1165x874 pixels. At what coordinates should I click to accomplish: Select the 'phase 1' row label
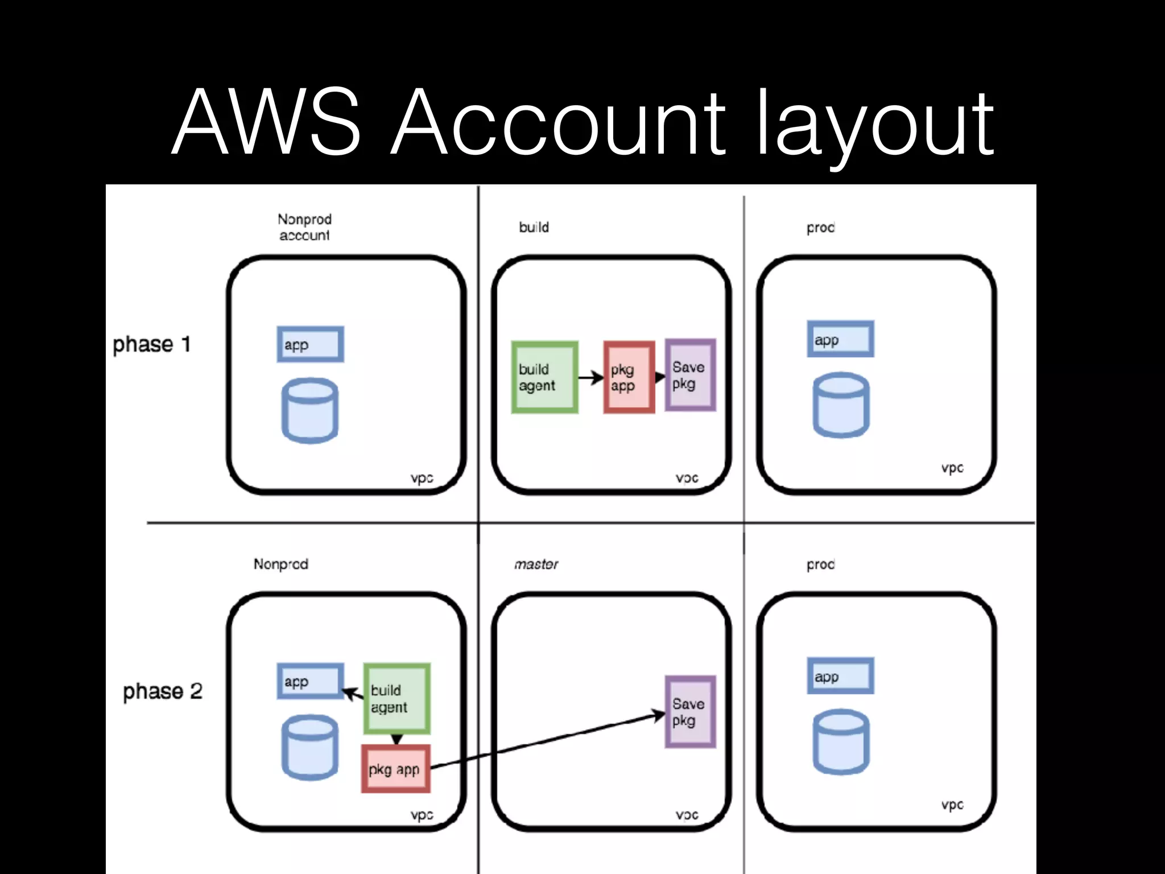(x=151, y=344)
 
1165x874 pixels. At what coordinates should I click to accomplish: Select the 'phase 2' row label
(x=163, y=691)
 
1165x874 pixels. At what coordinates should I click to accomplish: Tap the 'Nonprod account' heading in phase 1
(x=304, y=227)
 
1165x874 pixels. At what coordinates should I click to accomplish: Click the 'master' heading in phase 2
(x=536, y=564)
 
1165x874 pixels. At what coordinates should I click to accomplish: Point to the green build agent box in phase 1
(x=544, y=377)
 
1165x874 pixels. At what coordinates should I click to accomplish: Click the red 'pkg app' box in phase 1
(x=629, y=377)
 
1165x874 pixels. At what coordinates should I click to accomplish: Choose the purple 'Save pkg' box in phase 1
(x=690, y=375)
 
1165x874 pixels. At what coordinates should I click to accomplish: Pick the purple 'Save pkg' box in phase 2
(x=690, y=712)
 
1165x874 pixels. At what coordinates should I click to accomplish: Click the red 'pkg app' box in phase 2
(x=395, y=769)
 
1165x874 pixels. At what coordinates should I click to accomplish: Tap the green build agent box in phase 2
(x=396, y=698)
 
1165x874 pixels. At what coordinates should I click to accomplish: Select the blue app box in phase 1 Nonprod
(x=310, y=344)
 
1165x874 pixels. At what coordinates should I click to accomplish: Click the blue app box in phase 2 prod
(x=840, y=676)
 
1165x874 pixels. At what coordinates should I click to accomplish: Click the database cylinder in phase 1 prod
(x=841, y=405)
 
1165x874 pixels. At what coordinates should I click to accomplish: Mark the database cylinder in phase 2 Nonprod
(x=310, y=747)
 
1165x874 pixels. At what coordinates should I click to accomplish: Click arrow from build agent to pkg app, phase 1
(x=590, y=377)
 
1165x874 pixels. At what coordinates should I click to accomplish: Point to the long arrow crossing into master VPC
(x=546, y=741)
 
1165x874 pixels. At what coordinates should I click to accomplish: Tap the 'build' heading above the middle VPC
(x=534, y=227)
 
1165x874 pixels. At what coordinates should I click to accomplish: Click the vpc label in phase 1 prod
(x=952, y=468)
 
